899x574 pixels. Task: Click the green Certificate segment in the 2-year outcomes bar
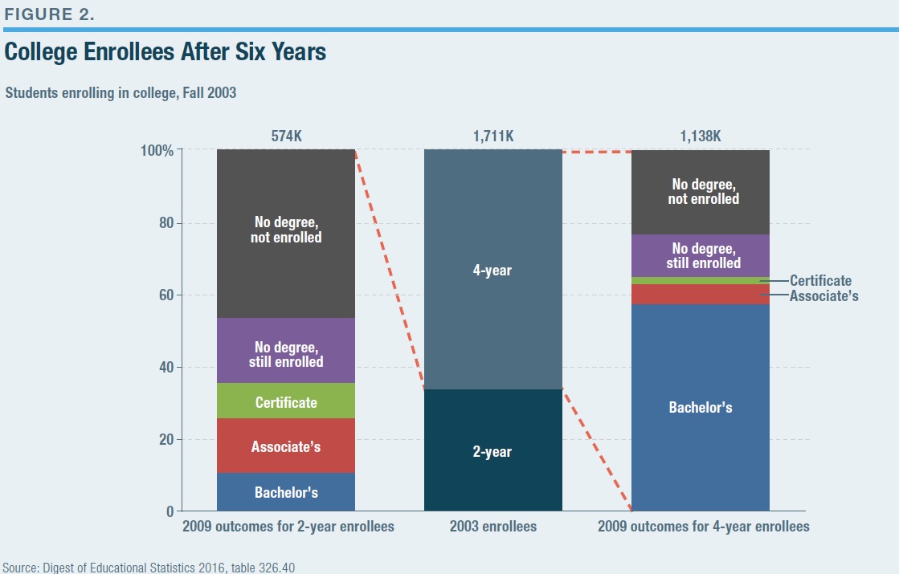tap(285, 401)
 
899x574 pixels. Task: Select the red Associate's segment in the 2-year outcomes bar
tap(285, 445)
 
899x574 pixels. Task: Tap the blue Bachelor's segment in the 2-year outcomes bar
tap(285, 491)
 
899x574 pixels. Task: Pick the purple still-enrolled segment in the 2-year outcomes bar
tap(285, 350)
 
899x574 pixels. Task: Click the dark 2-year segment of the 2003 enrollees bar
tap(493, 450)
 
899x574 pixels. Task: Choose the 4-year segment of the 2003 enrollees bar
tap(493, 269)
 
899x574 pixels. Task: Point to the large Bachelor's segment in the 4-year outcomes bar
tap(700, 407)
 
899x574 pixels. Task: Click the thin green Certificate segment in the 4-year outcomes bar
tap(700, 281)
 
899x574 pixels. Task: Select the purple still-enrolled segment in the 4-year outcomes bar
tap(700, 255)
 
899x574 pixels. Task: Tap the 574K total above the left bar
tap(286, 136)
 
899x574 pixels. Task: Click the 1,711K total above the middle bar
tap(493, 136)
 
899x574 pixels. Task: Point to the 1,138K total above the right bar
tap(700, 136)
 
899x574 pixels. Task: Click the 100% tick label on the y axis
tap(157, 151)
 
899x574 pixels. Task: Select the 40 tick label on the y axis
tap(166, 367)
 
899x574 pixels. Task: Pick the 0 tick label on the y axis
tap(170, 511)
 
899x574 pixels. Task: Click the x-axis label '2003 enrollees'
tap(493, 527)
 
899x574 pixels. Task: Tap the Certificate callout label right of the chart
tap(820, 281)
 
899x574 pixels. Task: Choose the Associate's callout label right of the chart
tap(824, 295)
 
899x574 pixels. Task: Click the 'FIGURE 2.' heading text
tap(49, 14)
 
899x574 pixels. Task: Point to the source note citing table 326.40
tap(149, 568)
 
